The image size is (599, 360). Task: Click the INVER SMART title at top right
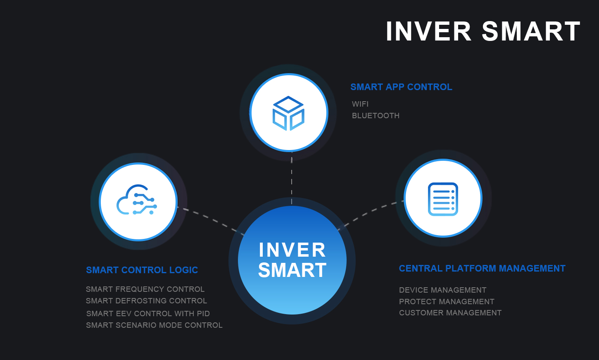pos(483,31)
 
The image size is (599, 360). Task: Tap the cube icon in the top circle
pos(288,113)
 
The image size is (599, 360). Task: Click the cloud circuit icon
pos(137,200)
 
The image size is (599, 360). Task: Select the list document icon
pos(443,199)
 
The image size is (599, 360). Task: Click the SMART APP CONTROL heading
pos(401,87)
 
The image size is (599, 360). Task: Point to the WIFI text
pos(360,104)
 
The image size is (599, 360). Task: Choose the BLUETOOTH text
pos(376,116)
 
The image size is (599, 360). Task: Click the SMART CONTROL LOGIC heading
pos(142,270)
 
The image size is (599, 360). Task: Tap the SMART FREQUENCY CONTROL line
pos(145,289)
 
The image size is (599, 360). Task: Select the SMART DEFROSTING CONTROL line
pos(146,300)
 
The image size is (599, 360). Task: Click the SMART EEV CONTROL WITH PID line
pos(148,313)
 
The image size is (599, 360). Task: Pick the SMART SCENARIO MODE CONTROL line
pos(154,325)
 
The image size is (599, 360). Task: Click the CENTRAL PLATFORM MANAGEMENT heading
pos(482,268)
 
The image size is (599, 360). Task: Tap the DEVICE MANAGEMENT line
pos(442,290)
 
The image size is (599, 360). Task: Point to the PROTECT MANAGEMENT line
pos(447,301)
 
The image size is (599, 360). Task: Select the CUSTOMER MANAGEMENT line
pos(450,312)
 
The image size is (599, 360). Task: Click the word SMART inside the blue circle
pos(292,270)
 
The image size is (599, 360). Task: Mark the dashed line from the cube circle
pos(292,178)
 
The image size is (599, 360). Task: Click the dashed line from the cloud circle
pos(211,221)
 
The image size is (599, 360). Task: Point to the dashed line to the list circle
pos(371,215)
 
